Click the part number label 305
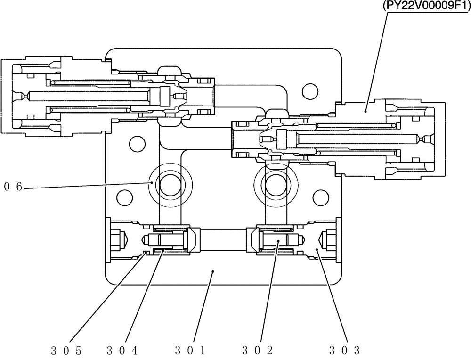(67, 350)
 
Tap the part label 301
(189, 350)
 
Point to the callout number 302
(257, 350)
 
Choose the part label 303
(344, 350)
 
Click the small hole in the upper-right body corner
(309, 90)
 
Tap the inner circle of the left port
(170, 183)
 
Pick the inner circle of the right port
(275, 183)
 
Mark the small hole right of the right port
(320, 196)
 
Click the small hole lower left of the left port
(123, 196)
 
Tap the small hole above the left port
(136, 142)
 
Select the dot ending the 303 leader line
(317, 251)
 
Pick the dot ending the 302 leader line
(279, 241)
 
